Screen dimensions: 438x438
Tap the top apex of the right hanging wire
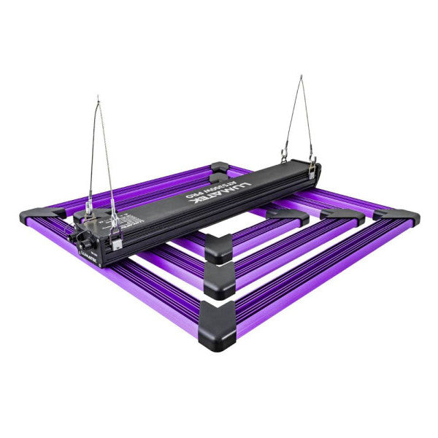300,76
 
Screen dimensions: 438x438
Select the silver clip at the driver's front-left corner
116,237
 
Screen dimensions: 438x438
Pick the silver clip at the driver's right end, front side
313,170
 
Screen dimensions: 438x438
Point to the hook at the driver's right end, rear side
284,156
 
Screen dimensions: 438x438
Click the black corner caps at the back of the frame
219,171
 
